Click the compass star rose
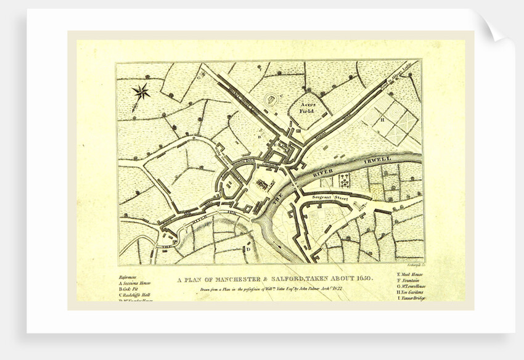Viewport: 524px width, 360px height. click(x=141, y=92)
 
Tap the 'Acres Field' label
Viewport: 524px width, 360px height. click(x=307, y=108)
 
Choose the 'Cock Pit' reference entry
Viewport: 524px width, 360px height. click(x=131, y=290)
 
